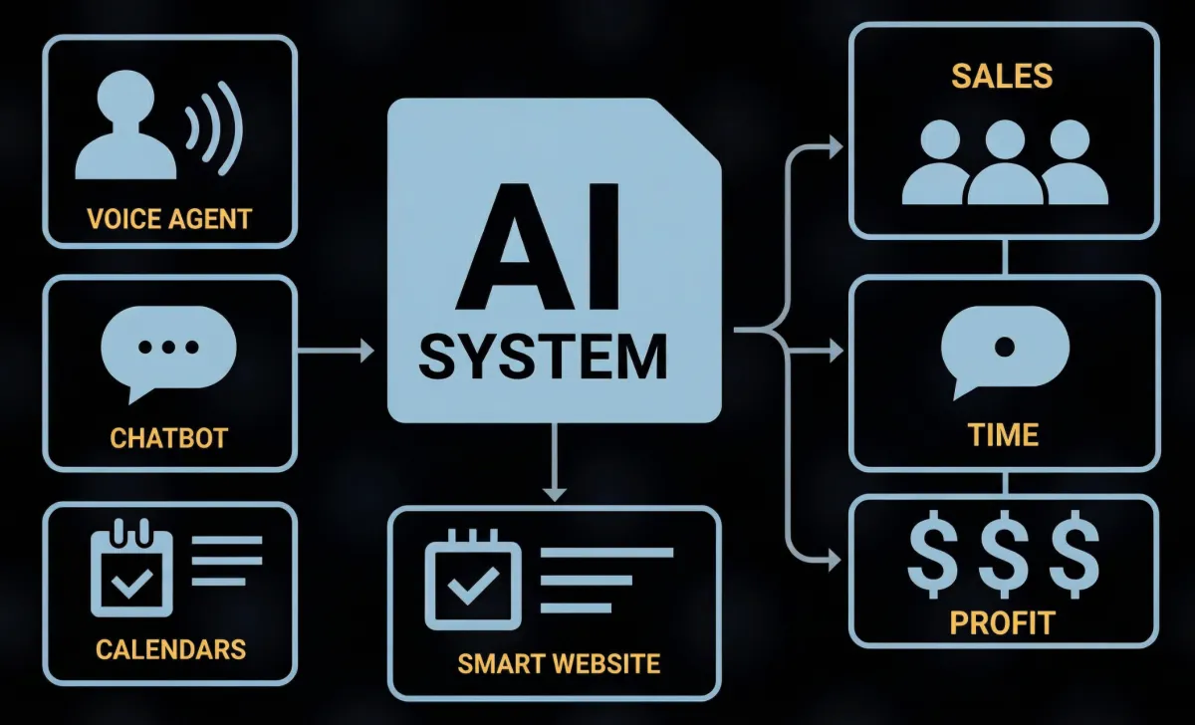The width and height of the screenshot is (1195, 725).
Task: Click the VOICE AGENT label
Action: (169, 218)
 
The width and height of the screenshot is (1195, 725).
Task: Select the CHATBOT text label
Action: (169, 437)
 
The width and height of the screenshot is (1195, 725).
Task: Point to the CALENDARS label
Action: (170, 650)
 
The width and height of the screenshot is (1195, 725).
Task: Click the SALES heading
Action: (1002, 76)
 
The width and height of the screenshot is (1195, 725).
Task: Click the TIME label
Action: (1003, 435)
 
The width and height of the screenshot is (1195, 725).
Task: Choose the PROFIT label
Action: (1002, 624)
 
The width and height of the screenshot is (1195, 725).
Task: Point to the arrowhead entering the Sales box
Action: (833, 148)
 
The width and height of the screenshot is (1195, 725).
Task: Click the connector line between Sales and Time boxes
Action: (1005, 256)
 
